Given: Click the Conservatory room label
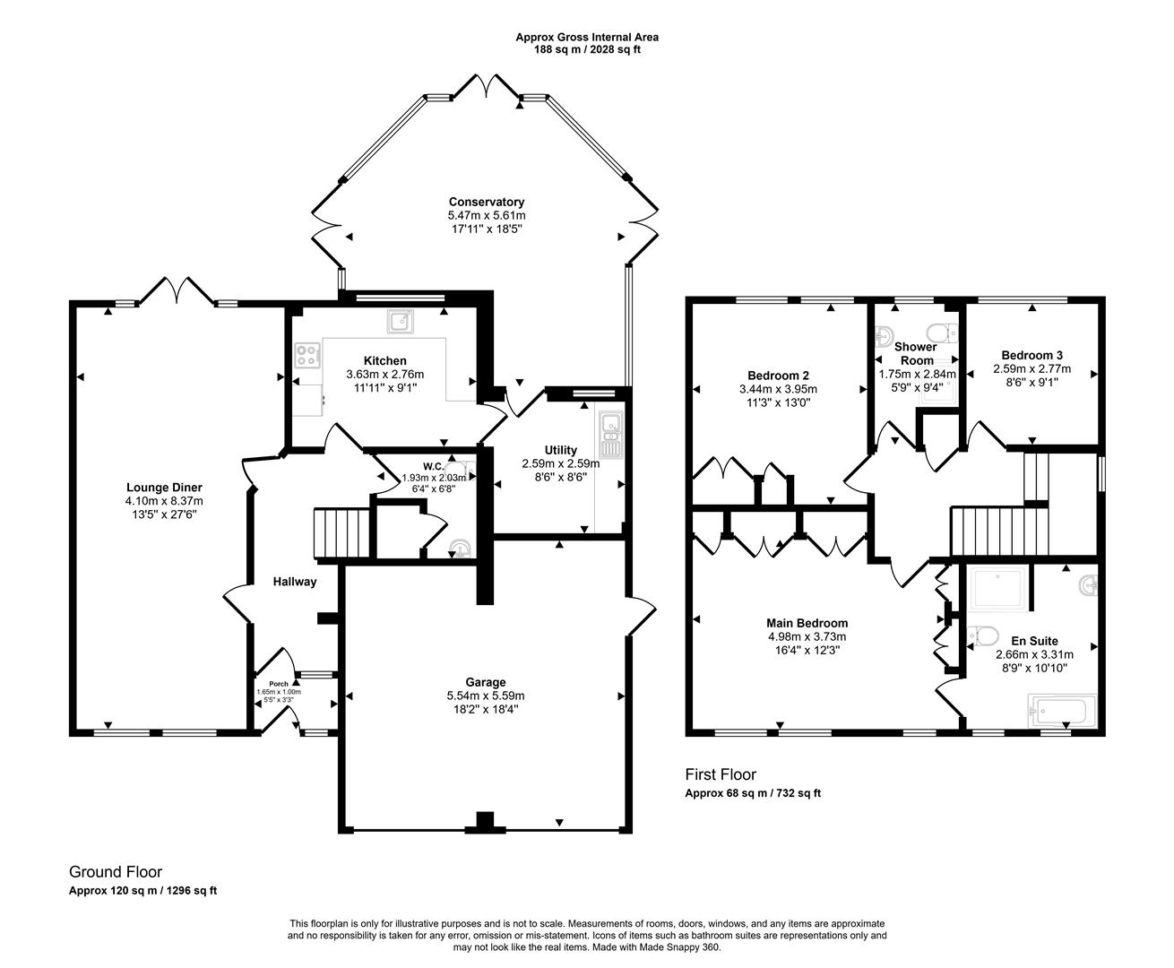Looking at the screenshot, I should tap(486, 202).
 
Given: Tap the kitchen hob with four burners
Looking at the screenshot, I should tap(307, 356).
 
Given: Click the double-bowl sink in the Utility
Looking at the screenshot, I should tap(611, 434).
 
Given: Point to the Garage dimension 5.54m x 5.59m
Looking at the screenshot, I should tap(486, 696).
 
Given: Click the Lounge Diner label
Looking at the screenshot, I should tap(164, 488).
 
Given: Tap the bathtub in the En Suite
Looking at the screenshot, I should tap(1058, 713).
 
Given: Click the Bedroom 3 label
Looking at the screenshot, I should tap(1032, 355).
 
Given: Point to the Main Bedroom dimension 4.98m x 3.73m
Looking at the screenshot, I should tap(807, 637).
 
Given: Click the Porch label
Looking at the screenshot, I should tap(279, 684).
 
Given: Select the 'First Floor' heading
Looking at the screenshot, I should tap(721, 774).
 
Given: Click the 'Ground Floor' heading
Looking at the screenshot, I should tap(116, 871).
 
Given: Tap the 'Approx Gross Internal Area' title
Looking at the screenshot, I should tap(586, 37).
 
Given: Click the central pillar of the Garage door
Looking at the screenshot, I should tap(485, 821).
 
